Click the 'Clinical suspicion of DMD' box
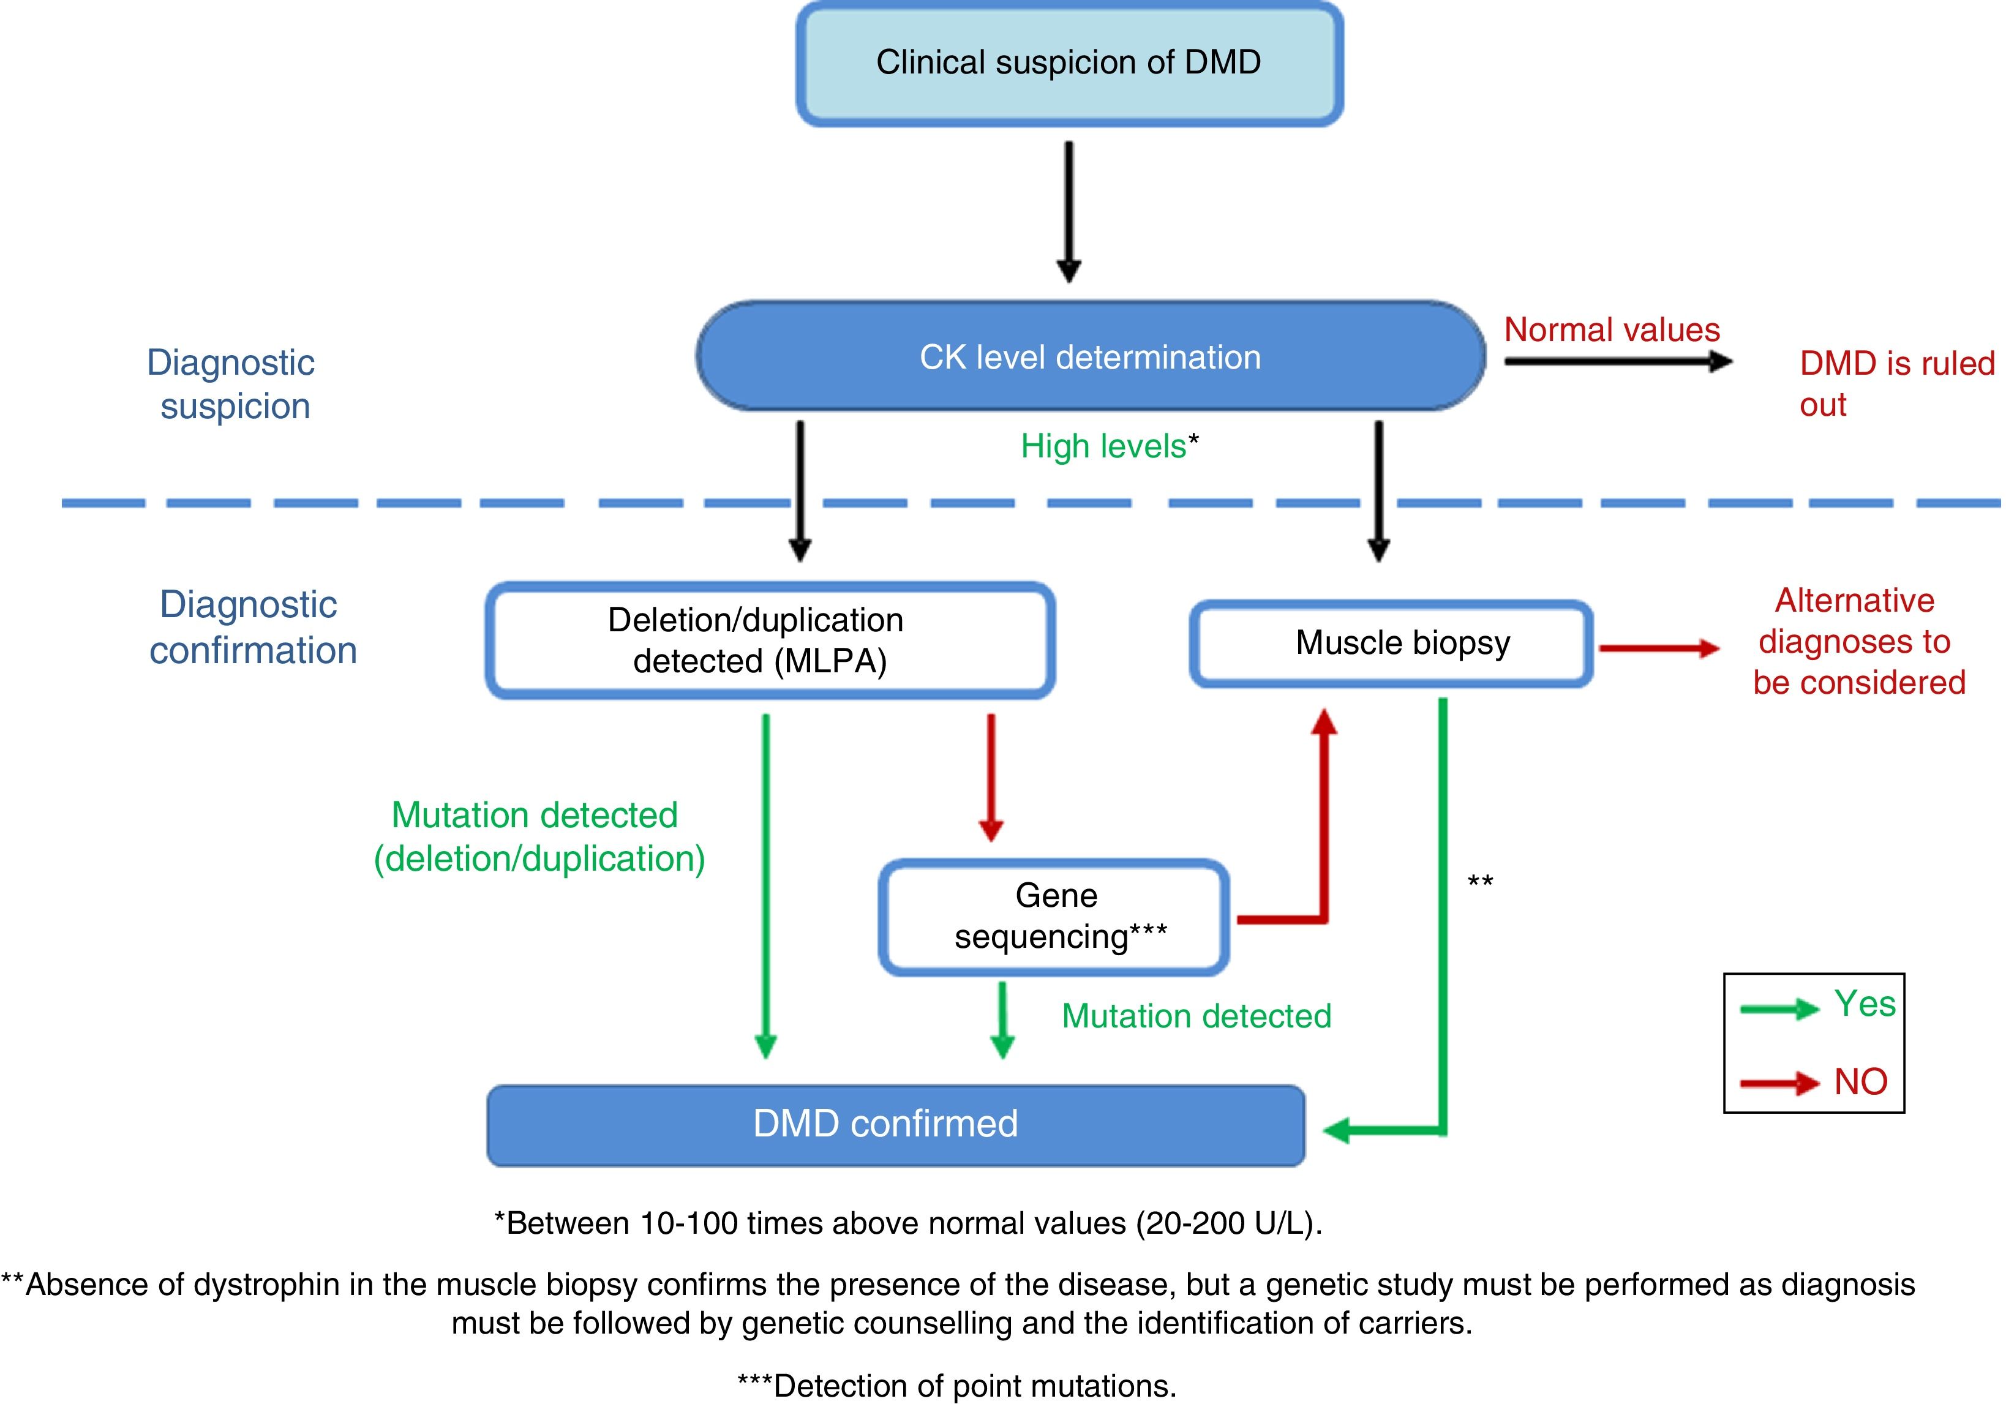click(x=1069, y=63)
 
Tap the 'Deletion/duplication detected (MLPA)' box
click(x=770, y=640)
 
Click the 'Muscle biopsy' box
click(x=1391, y=643)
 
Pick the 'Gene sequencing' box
click(x=1054, y=917)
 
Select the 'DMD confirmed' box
click(x=895, y=1124)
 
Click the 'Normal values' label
click(x=1612, y=330)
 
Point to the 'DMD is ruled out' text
click(x=1896, y=383)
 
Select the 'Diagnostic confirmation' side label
click(x=252, y=628)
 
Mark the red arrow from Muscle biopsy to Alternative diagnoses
click(x=1658, y=648)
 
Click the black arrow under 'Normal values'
click(x=1617, y=361)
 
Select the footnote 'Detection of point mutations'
click(x=956, y=1386)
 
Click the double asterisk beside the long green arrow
click(x=1480, y=882)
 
